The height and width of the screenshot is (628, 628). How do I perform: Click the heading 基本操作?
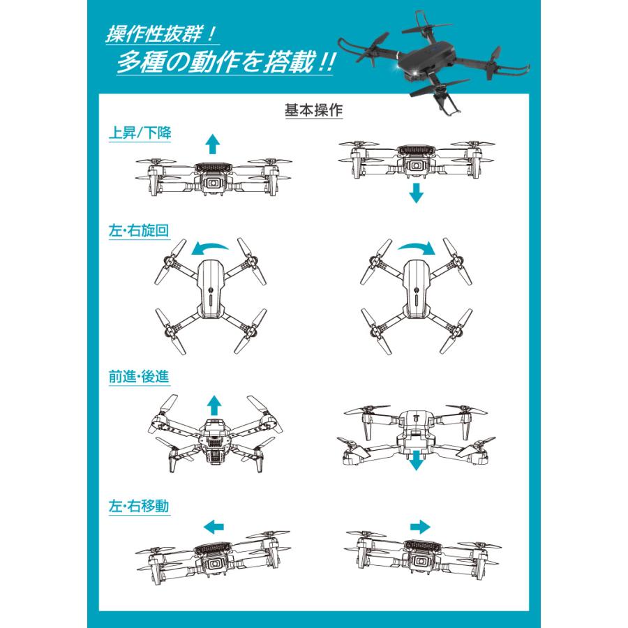click(313, 110)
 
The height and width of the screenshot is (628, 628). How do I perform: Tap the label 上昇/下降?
click(140, 133)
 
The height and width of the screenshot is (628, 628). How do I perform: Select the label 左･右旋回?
click(139, 231)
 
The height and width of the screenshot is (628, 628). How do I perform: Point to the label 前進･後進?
click(139, 377)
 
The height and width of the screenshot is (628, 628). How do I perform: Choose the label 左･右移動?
click(139, 507)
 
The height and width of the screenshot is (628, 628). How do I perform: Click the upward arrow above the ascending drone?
click(213, 144)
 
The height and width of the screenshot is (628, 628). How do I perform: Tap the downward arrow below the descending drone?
click(416, 193)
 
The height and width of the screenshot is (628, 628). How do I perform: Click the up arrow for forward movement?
click(214, 405)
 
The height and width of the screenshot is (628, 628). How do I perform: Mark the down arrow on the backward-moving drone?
click(416, 461)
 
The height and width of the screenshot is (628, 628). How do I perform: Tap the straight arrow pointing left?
click(214, 527)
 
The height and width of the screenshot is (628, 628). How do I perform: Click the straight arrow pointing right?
click(420, 527)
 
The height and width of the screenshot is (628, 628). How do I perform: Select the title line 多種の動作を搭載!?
click(225, 63)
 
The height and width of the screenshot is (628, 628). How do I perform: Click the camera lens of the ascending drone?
click(213, 183)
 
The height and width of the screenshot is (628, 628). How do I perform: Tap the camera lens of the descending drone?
click(417, 165)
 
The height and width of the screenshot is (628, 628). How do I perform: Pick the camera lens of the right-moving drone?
click(419, 561)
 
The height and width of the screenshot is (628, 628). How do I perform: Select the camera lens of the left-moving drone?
click(214, 564)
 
